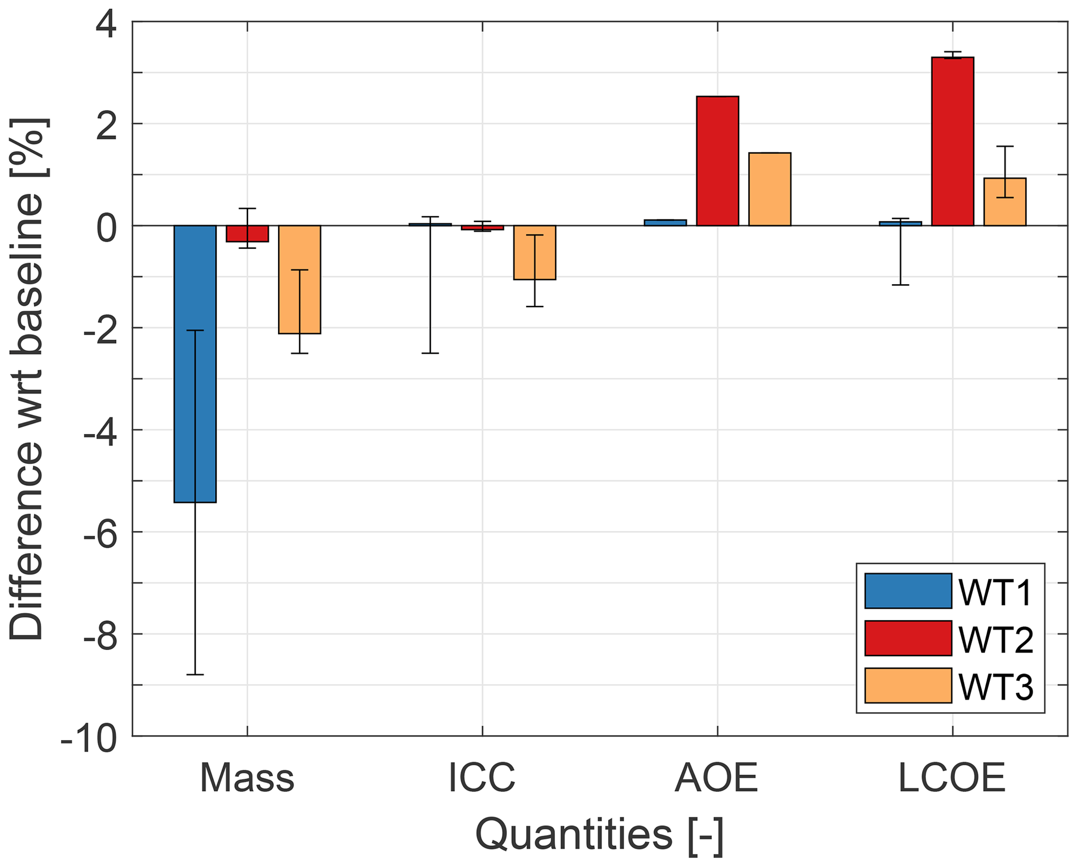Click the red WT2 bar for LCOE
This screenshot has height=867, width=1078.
click(953, 141)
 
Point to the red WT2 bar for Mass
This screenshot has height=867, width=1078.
click(247, 234)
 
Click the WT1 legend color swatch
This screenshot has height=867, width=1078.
click(908, 591)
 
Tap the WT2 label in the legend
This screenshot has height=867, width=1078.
click(996, 639)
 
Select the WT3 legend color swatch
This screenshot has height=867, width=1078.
click(908, 685)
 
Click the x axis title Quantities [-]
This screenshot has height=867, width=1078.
click(599, 836)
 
